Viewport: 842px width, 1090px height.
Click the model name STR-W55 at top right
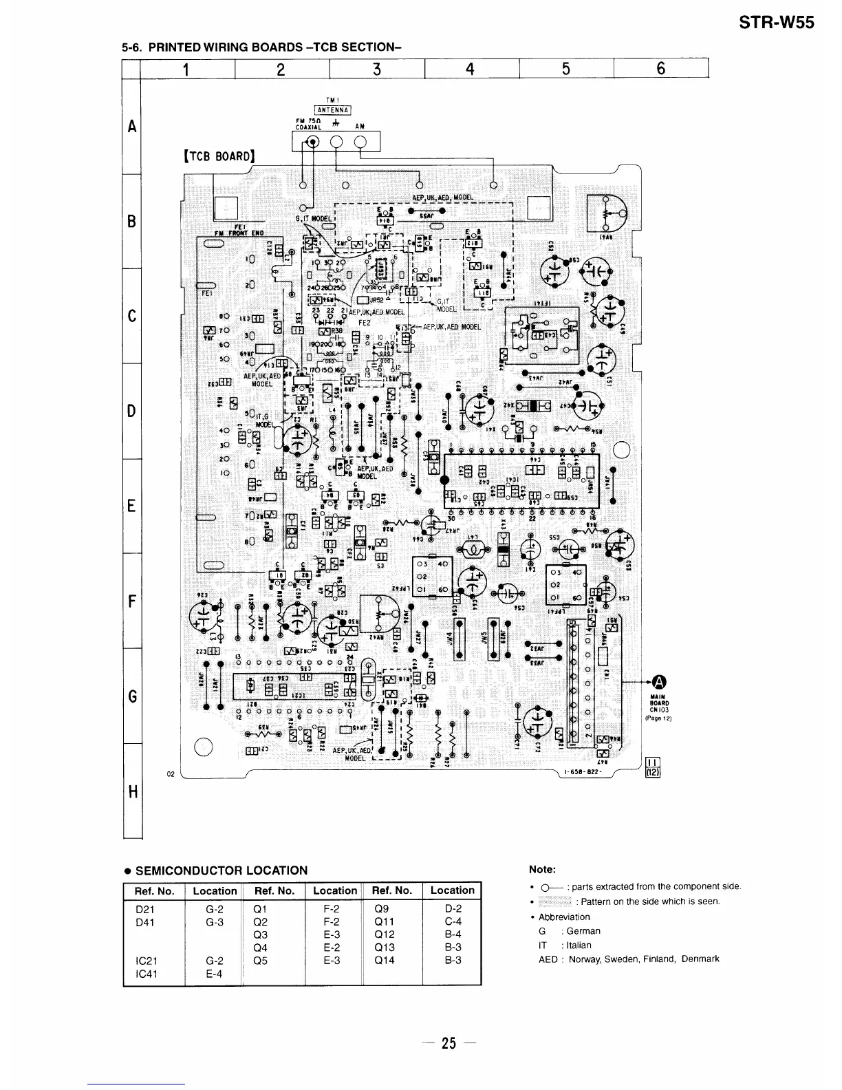pyautogui.click(x=776, y=23)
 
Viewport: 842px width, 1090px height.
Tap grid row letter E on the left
pyautogui.click(x=131, y=506)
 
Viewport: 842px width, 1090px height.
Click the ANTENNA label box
pyautogui.click(x=333, y=109)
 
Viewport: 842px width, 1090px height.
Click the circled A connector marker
pyautogui.click(x=658, y=682)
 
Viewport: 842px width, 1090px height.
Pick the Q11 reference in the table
pyautogui.click(x=385, y=921)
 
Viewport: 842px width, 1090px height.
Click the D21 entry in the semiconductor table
pyautogui.click(x=145, y=908)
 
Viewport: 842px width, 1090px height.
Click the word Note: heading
pyautogui.click(x=543, y=870)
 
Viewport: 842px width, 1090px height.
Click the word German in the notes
pyautogui.click(x=584, y=931)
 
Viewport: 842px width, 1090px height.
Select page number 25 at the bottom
pyautogui.click(x=449, y=1043)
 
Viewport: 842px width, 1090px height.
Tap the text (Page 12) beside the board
pyautogui.click(x=658, y=718)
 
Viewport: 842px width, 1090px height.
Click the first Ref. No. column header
pyautogui.click(x=154, y=890)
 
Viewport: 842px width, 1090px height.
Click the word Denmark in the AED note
pyautogui.click(x=700, y=959)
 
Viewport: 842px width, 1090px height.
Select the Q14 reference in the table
pyautogui.click(x=385, y=961)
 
